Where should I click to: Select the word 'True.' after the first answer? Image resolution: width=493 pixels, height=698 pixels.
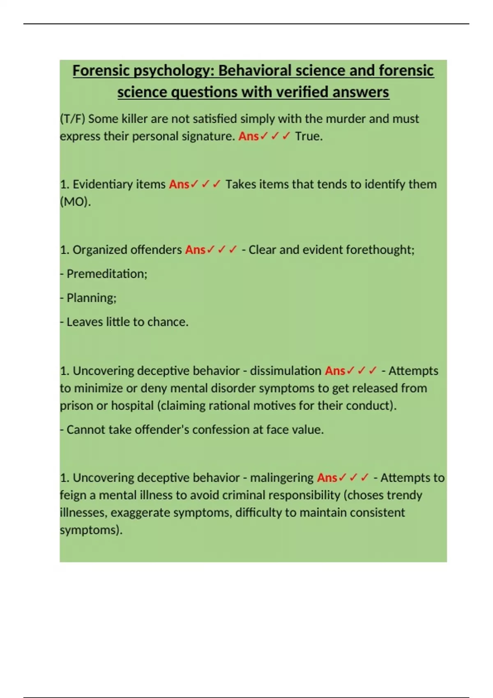click(309, 136)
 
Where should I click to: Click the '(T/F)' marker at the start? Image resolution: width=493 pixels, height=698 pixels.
click(72, 119)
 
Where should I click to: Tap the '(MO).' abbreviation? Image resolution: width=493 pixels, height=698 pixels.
click(75, 202)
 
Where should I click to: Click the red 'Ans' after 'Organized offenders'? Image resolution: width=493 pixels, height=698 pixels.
click(195, 250)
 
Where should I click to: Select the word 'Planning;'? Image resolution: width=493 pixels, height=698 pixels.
click(91, 298)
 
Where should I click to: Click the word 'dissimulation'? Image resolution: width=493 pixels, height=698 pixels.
click(286, 371)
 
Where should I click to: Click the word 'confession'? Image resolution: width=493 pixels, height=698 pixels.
click(221, 430)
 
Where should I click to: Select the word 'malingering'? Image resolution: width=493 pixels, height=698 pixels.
click(282, 478)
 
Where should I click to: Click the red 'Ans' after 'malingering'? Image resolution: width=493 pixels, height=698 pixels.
click(327, 478)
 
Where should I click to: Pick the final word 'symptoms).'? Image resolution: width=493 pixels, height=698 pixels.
click(91, 530)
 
